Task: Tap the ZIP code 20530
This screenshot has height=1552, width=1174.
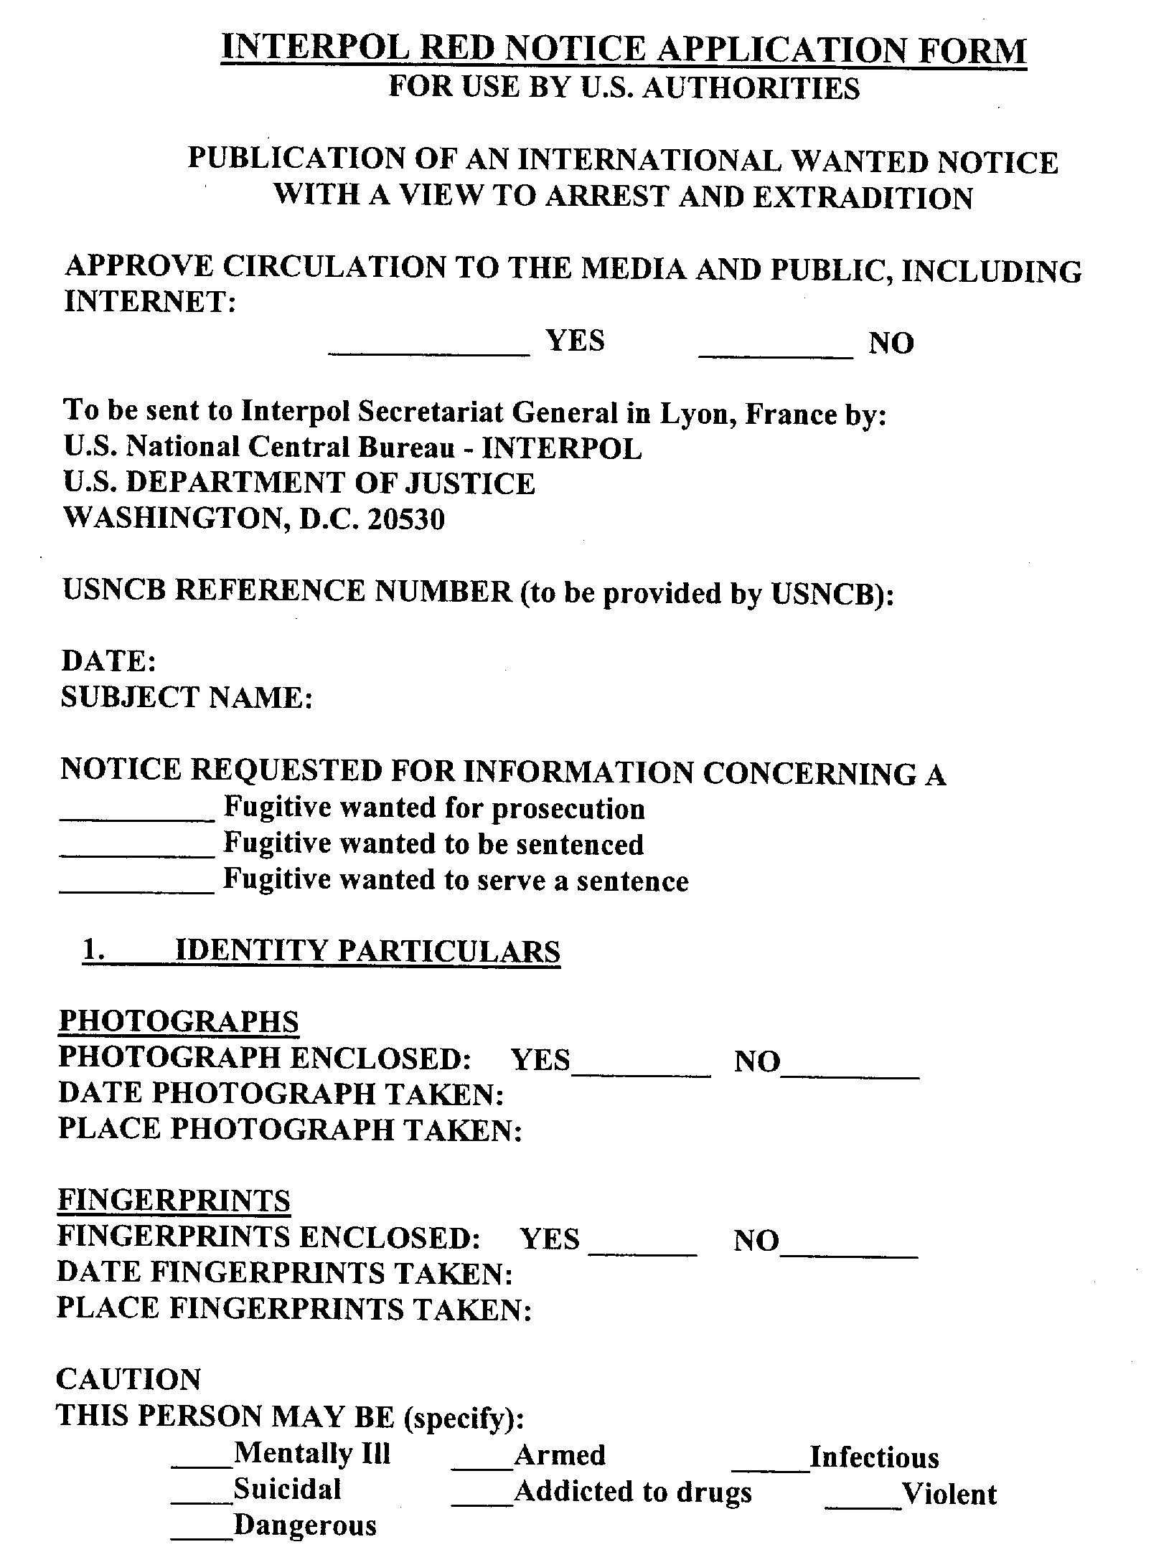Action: coord(406,519)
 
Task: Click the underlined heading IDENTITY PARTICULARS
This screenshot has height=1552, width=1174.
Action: coord(367,951)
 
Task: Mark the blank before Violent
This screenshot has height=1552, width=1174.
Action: coord(863,1500)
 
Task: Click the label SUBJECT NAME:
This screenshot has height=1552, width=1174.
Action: coord(187,697)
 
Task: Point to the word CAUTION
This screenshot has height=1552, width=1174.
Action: coord(129,1379)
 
